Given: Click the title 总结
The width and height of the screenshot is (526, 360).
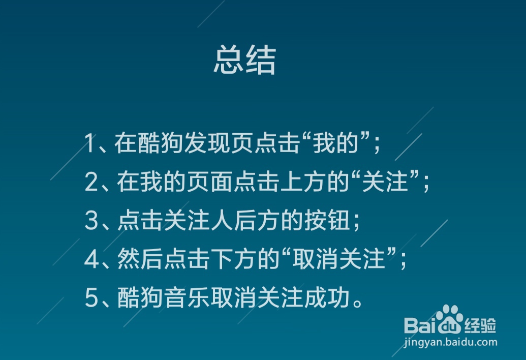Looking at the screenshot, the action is [245, 60].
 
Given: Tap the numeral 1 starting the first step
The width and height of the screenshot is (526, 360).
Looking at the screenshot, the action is [90, 143].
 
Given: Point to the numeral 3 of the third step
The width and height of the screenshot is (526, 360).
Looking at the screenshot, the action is [91, 221].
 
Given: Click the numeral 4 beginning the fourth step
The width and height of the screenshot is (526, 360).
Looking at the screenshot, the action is [91, 259].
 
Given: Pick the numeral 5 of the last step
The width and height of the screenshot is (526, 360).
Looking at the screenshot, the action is [91, 298].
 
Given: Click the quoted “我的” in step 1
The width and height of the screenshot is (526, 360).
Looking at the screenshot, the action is [336, 143].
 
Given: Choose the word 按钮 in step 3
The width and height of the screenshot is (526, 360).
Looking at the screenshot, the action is [327, 221].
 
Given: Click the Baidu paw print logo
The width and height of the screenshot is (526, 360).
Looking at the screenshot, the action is [450, 318].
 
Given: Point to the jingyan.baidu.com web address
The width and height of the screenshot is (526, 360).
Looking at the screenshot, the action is [450, 342].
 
